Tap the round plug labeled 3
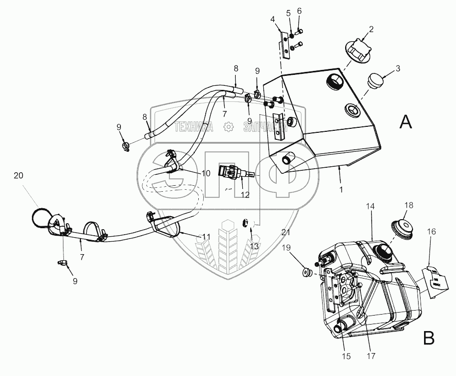coord(376,80)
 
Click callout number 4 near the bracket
coord(272,19)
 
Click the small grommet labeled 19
coord(306,273)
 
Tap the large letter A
coord(407,121)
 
